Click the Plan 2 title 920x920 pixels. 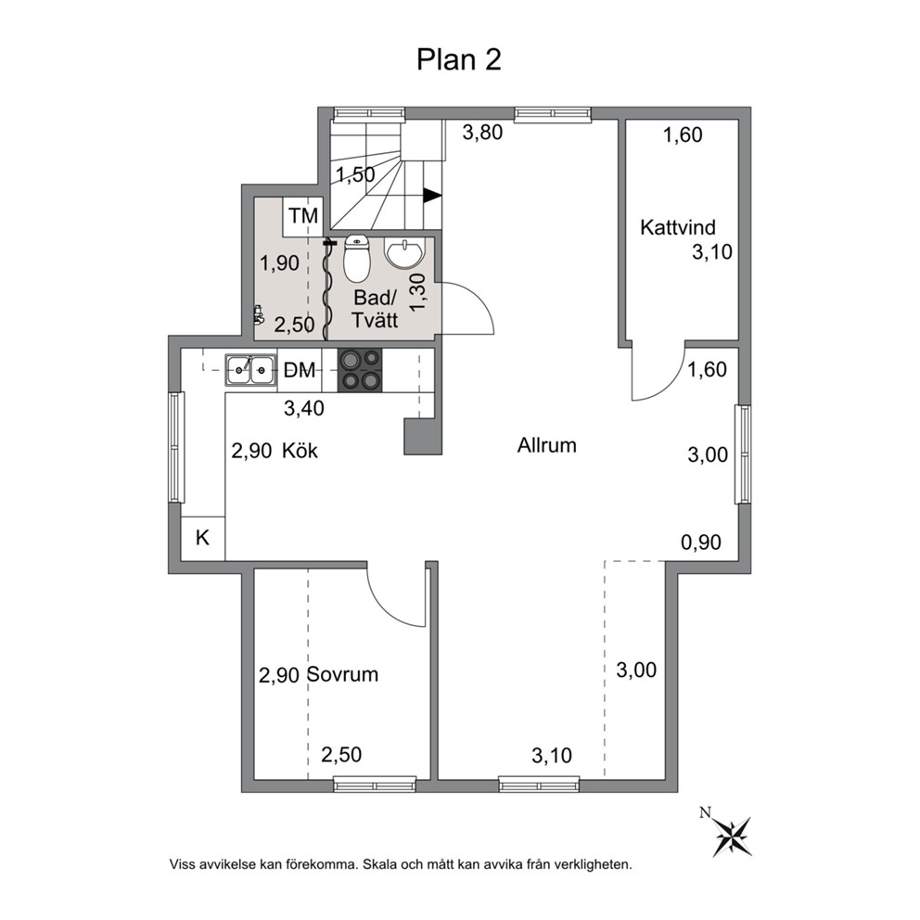pos(459,60)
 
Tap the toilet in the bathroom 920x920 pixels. pos(356,258)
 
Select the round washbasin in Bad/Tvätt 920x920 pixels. pos(403,253)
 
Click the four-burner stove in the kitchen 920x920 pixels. pos(360,370)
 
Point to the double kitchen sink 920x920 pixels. pos(250,370)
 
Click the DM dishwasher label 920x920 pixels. pos(300,370)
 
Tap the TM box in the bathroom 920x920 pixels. pos(302,216)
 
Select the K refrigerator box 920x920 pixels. pos(202,538)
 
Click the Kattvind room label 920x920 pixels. pos(678,227)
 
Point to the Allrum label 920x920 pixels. pos(547,445)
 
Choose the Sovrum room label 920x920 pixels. pos(342,675)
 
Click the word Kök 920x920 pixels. pos(300,451)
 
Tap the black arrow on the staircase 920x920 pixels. pos(432,196)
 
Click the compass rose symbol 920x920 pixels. pos(733,837)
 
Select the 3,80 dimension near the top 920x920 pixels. pos(482,133)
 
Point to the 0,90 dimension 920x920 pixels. pos(700,543)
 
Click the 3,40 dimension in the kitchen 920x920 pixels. pos(304,408)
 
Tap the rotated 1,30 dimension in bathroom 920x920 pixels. pos(417,293)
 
